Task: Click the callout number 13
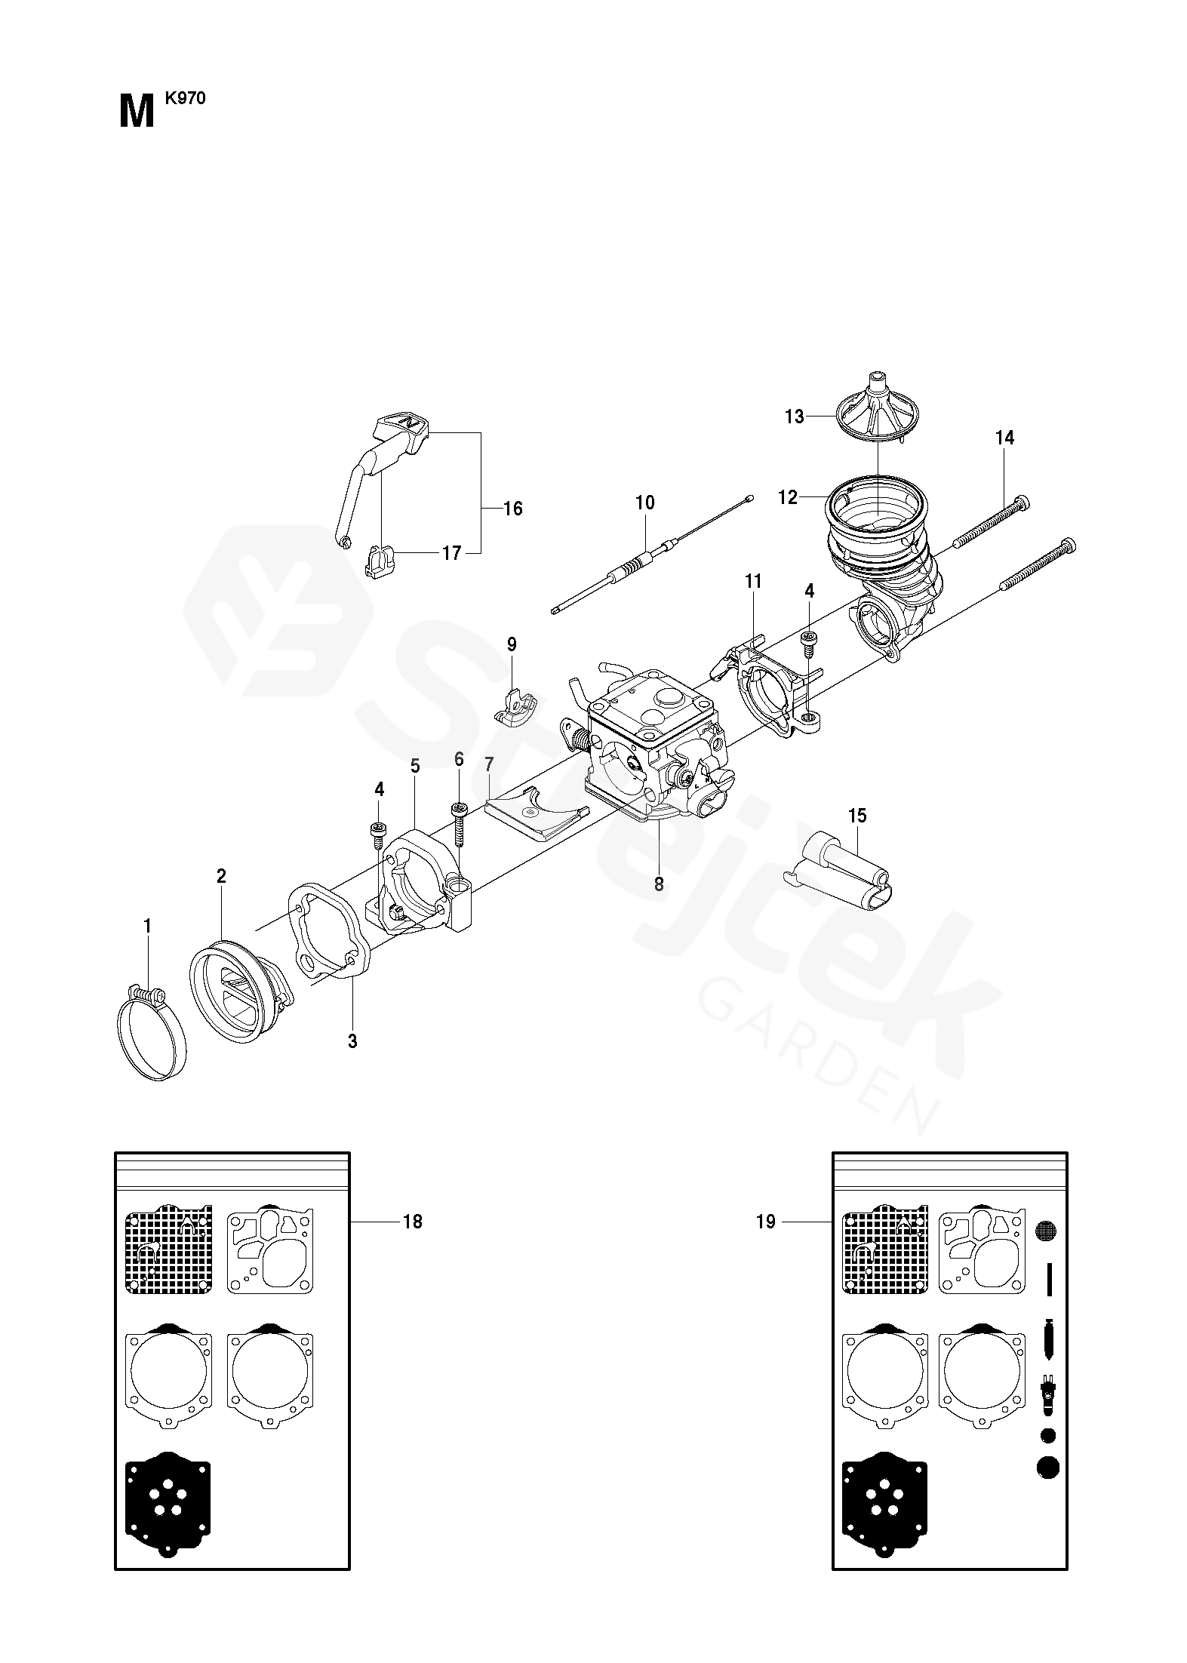795,417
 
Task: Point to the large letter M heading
137,112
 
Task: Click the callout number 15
856,816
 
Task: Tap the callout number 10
645,503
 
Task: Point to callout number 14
1005,438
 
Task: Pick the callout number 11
752,581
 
